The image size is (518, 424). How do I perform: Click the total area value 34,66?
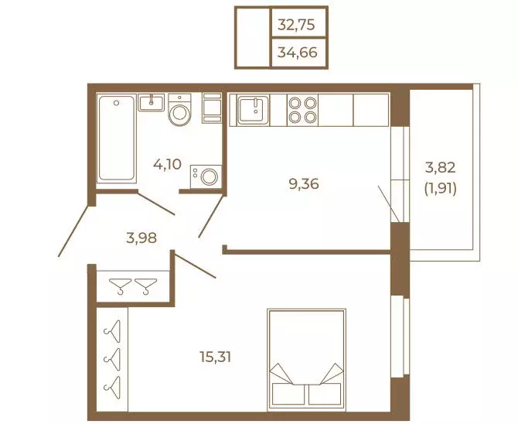[x=298, y=53]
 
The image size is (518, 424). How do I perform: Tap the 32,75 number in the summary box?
[x=296, y=25]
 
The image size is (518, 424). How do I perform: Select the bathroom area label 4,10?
[x=167, y=164]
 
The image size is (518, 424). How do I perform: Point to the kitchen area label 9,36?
[x=304, y=184]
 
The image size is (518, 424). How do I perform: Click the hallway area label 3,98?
[x=141, y=238]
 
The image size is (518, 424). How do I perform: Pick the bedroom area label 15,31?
[x=215, y=357]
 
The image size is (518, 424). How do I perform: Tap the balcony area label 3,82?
[x=441, y=168]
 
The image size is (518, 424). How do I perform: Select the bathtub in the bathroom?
[x=116, y=138]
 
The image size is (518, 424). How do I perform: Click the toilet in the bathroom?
[x=179, y=110]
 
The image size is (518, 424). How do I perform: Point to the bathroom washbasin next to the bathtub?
[x=152, y=103]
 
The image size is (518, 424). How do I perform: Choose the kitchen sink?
[x=254, y=110]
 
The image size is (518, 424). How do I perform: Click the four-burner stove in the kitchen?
[x=302, y=110]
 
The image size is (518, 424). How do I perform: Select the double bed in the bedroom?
[x=307, y=360]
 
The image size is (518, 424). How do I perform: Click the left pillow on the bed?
[x=288, y=394]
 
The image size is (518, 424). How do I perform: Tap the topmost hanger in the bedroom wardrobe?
[x=112, y=331]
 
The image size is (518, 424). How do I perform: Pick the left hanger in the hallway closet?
[x=121, y=286]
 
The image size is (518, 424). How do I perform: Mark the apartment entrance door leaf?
[x=73, y=231]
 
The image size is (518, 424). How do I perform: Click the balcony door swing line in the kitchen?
[x=389, y=204]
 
